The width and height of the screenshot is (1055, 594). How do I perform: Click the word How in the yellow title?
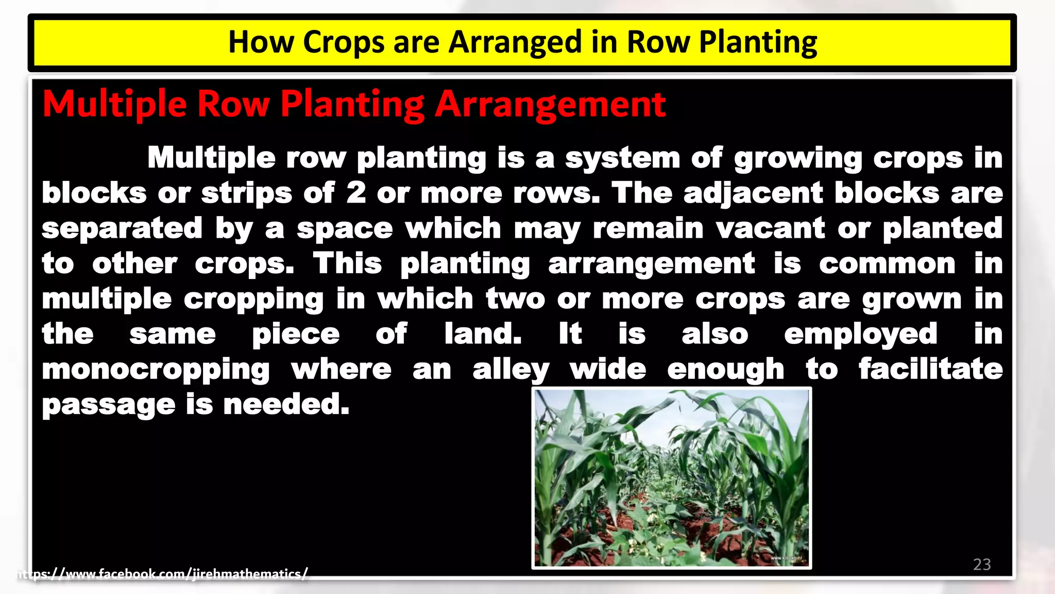click(x=261, y=42)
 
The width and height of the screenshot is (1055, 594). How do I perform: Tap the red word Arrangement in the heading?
click(x=550, y=105)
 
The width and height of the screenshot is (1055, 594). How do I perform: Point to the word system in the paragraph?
click(x=622, y=158)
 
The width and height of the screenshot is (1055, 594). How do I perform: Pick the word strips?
click(x=246, y=194)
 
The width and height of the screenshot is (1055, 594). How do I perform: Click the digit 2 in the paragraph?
click(x=356, y=193)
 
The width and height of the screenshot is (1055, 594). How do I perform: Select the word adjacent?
click(x=753, y=194)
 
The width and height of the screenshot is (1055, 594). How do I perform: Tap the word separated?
click(x=122, y=228)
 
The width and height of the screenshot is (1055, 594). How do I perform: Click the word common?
click(x=887, y=264)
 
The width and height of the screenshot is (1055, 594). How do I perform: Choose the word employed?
click(x=860, y=335)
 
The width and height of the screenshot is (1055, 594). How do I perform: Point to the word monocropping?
click(x=156, y=370)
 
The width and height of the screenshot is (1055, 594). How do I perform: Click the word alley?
click(x=511, y=370)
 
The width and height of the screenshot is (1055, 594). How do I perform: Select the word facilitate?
click(x=930, y=369)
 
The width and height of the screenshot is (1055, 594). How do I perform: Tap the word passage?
click(x=109, y=405)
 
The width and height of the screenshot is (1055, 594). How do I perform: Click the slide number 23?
click(x=982, y=564)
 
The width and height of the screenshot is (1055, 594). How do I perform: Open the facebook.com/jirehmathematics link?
click(x=162, y=574)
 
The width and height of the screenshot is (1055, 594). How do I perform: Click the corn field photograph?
click(x=671, y=478)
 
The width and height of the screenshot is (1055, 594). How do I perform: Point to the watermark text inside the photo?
click(x=786, y=558)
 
